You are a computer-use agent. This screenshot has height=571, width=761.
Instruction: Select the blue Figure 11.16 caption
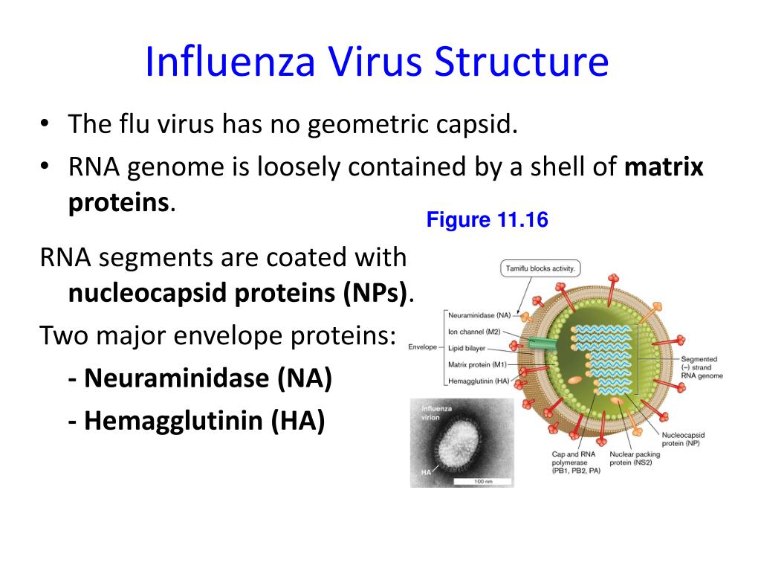coord(487,221)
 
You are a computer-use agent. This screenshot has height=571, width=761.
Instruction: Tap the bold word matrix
coord(664,167)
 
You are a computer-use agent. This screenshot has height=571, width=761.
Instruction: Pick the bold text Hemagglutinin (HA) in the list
coord(197,421)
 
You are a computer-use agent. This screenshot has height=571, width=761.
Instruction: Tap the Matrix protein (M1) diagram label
coord(478,364)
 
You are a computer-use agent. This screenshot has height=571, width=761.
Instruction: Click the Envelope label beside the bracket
coord(423,347)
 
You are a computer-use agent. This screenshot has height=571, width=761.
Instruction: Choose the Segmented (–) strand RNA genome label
coord(702,368)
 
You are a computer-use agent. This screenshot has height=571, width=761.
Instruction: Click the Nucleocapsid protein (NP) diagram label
coord(683,439)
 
